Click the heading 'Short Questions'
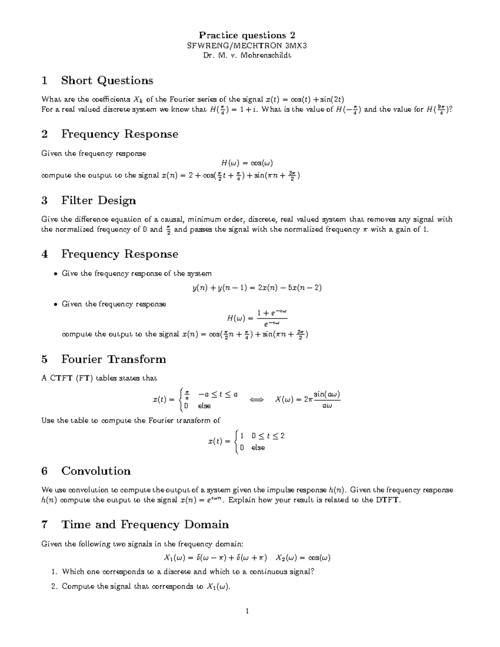coord(107,80)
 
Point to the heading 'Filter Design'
coord(98,200)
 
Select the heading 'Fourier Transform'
coord(113,359)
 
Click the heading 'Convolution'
coord(96,471)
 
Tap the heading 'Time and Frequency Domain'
coord(145,525)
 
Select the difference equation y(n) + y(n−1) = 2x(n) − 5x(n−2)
coord(257,288)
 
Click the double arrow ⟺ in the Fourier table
coord(256,400)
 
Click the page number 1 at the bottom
coord(247,611)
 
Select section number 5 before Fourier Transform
coord(45,359)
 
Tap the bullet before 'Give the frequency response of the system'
coord(55,274)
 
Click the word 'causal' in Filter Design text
coord(172,220)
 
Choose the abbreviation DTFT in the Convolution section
coord(387,500)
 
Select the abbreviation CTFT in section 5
coord(61,378)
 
